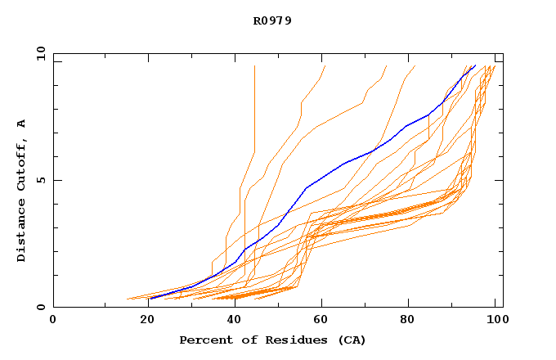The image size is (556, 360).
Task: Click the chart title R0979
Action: coord(272,20)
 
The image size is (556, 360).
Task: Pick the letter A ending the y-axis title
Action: coord(21,124)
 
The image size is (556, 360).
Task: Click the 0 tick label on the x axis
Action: coord(53,320)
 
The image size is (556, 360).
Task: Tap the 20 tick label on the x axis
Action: coord(142,320)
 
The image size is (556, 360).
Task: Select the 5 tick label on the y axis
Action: coord(41,180)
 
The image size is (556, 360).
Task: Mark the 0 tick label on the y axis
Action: coord(41,307)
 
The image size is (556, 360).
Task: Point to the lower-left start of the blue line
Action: coord(150,299)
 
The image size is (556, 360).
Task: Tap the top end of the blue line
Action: coord(475,65)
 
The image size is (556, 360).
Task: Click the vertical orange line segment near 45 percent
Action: coord(254,106)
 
